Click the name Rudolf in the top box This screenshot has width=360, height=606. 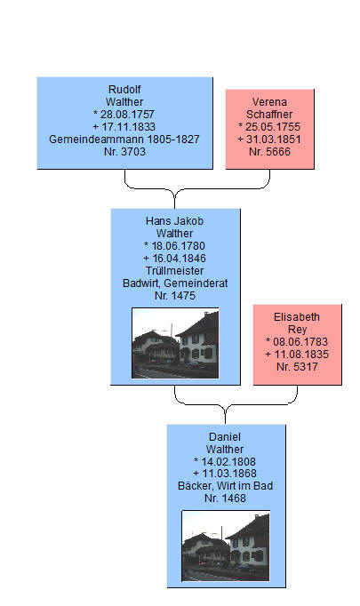(x=124, y=89)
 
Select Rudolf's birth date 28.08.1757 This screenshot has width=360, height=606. (x=127, y=115)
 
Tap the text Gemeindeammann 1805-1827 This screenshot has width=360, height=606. (x=124, y=140)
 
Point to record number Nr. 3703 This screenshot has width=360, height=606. (x=124, y=151)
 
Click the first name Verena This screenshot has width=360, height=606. (x=269, y=102)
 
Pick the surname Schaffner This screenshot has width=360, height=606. (x=269, y=115)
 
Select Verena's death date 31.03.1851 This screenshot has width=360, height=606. (x=274, y=140)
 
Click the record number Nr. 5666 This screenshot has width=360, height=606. (x=269, y=151)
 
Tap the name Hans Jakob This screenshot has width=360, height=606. (x=174, y=221)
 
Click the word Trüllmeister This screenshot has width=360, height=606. (x=174, y=270)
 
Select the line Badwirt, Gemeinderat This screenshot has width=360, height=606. (x=175, y=283)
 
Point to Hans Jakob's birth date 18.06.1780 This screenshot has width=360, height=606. (x=179, y=246)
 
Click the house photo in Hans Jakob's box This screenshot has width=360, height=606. (x=175, y=343)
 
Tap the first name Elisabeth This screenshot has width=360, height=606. (x=297, y=317)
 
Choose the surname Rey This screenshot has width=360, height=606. (x=297, y=330)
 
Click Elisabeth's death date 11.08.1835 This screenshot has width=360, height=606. (x=301, y=355)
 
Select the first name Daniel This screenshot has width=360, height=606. (x=225, y=436)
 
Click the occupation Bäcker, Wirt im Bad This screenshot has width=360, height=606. (x=225, y=486)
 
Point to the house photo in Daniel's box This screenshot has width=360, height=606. (x=226, y=546)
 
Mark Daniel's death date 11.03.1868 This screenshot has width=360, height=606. (x=229, y=474)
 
